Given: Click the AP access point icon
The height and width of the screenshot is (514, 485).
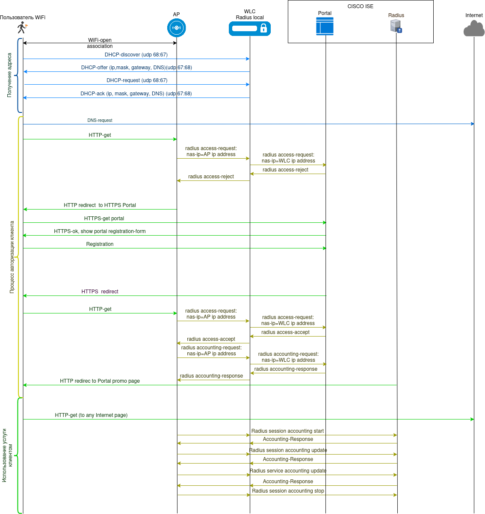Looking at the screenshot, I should [x=176, y=28].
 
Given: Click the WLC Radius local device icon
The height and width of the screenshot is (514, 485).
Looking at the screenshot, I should [x=250, y=29].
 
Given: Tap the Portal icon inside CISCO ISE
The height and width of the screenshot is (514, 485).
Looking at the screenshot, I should [x=325, y=26].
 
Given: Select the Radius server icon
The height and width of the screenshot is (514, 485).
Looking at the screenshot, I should [x=396, y=26].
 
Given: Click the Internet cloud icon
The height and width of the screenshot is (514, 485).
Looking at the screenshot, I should [x=474, y=29].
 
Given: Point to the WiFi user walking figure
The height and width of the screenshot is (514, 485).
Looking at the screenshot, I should [x=22, y=28].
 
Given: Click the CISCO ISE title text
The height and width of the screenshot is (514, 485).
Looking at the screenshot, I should [x=360, y=6].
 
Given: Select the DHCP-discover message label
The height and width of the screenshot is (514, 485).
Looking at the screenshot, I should [x=136, y=55].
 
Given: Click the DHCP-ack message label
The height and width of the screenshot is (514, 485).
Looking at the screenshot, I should [x=136, y=94].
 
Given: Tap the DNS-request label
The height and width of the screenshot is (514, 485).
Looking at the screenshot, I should [x=100, y=121].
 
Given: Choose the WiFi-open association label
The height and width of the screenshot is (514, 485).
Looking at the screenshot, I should [x=100, y=43].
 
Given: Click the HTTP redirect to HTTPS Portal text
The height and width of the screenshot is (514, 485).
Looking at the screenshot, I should [x=100, y=205].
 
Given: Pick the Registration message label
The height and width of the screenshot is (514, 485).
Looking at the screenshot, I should [x=100, y=244].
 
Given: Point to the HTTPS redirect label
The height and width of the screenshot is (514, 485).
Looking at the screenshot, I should [x=100, y=292].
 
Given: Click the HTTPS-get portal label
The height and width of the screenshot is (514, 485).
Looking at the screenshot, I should [x=104, y=219].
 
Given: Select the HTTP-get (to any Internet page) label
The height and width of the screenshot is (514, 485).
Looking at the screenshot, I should [x=91, y=415].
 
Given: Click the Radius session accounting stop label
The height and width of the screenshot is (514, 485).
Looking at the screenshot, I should [x=288, y=491].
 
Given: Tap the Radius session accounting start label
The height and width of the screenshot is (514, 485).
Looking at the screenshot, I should [x=287, y=431].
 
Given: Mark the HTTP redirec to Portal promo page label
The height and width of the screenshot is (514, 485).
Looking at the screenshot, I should [x=100, y=381].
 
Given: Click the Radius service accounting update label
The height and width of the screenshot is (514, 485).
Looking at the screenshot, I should [x=288, y=471].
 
